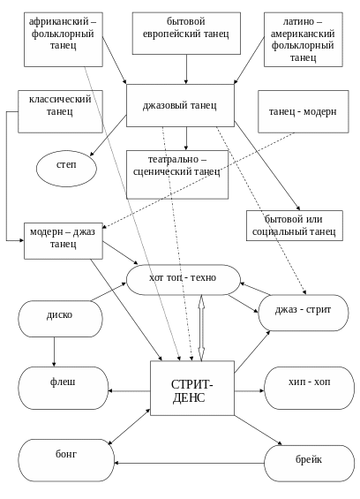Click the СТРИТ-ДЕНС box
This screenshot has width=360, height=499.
(192, 388)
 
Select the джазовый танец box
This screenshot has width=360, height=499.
(180, 105)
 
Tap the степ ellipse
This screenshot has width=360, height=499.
(66, 169)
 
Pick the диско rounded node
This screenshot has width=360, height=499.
(60, 319)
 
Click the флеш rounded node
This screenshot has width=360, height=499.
(64, 388)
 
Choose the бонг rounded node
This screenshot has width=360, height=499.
(66, 460)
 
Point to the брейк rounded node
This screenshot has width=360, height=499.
(309, 463)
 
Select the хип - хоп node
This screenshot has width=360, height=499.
(309, 388)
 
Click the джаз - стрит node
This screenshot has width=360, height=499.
(303, 313)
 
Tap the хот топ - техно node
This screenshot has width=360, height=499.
(184, 280)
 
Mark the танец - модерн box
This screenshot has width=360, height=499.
(303, 111)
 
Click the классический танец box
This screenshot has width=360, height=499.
(60, 111)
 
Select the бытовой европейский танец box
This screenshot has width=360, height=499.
(186, 34)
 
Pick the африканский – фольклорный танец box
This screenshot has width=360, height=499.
(64, 40)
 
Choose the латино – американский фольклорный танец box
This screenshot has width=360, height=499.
(303, 40)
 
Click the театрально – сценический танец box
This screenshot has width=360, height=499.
(177, 175)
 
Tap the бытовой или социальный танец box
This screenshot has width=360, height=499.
(295, 225)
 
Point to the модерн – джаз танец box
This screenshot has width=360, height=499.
(64, 241)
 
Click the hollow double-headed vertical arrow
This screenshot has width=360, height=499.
(201, 328)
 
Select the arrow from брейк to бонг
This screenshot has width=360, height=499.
(189, 463)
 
